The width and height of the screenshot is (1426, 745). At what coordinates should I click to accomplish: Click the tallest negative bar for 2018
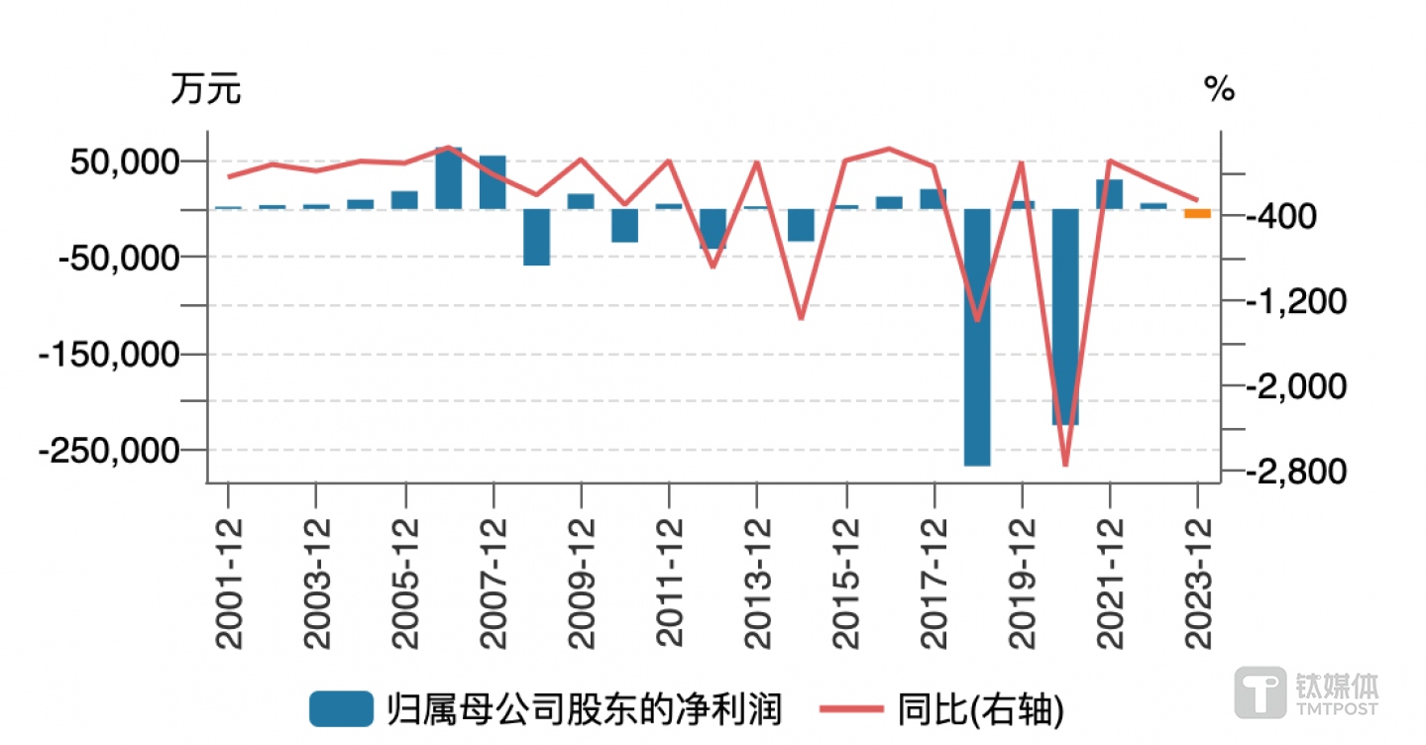977,337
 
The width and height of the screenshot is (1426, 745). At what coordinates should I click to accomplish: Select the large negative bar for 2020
1065,317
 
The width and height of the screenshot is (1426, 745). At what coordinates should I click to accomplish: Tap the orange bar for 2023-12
1197,213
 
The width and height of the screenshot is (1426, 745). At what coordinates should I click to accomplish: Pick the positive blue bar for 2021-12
1109,194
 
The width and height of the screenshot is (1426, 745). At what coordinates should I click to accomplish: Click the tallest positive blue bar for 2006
449,178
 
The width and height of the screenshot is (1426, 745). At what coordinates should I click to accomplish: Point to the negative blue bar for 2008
536,237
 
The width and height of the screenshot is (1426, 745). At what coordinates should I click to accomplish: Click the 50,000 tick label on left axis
125,161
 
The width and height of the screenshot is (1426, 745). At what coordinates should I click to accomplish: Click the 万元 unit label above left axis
205,90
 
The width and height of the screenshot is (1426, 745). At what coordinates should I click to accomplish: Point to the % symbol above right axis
1220,90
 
